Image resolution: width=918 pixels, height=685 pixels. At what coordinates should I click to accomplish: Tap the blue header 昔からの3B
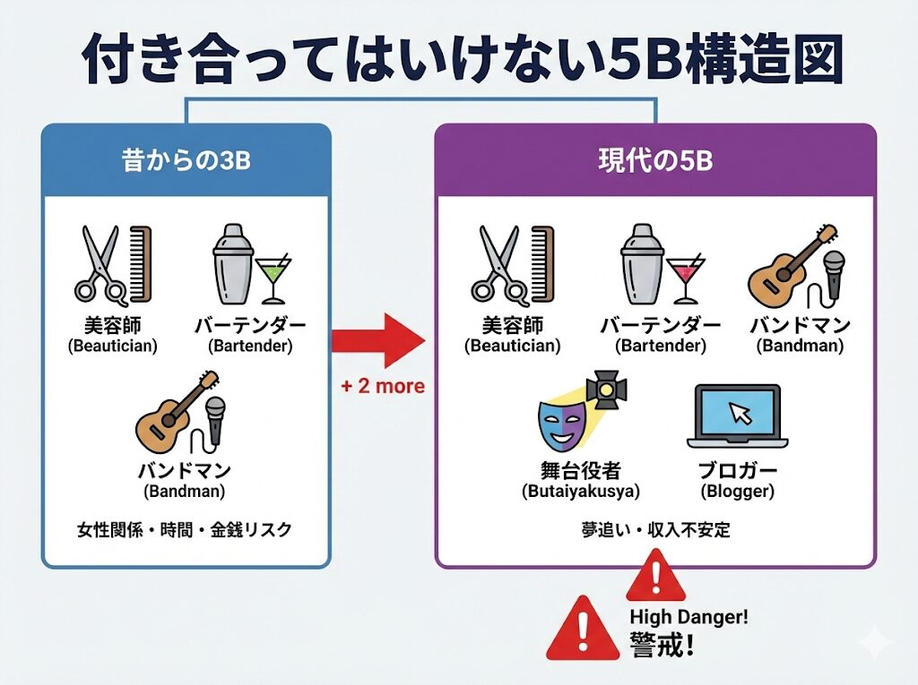(x=186, y=162)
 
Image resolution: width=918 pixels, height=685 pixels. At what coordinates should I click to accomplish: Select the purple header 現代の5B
(x=655, y=162)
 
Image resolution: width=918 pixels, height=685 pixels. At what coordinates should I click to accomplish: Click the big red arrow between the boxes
(x=380, y=340)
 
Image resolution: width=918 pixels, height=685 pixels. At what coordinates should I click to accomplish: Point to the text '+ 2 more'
(x=380, y=387)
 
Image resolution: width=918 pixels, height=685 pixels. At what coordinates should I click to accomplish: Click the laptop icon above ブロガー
(x=737, y=416)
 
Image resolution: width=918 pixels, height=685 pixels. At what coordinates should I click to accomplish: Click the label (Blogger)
(x=737, y=491)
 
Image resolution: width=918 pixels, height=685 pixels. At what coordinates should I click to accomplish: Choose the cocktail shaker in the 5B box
(x=642, y=263)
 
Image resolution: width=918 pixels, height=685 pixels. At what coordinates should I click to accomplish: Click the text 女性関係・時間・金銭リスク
(x=184, y=529)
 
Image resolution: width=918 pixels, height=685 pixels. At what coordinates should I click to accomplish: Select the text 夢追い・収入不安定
(x=655, y=529)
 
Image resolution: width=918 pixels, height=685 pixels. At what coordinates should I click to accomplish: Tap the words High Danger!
(x=688, y=616)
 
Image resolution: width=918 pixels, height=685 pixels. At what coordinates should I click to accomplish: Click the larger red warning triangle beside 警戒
(x=584, y=629)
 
